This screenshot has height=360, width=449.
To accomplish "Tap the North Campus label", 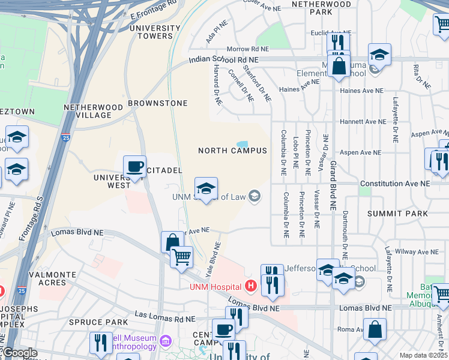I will (x=233, y=151).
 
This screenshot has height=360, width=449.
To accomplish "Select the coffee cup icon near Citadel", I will (x=134, y=166).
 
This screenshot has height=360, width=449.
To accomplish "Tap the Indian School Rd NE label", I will (x=223, y=60).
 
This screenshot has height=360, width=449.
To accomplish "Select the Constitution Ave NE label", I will (x=395, y=183).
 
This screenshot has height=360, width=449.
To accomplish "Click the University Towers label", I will (x=155, y=32).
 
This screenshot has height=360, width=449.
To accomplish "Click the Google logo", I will (x=19, y=353).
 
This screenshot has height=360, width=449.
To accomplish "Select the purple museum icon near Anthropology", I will (x=166, y=343).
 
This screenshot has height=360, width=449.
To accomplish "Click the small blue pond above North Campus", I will (x=243, y=144).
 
